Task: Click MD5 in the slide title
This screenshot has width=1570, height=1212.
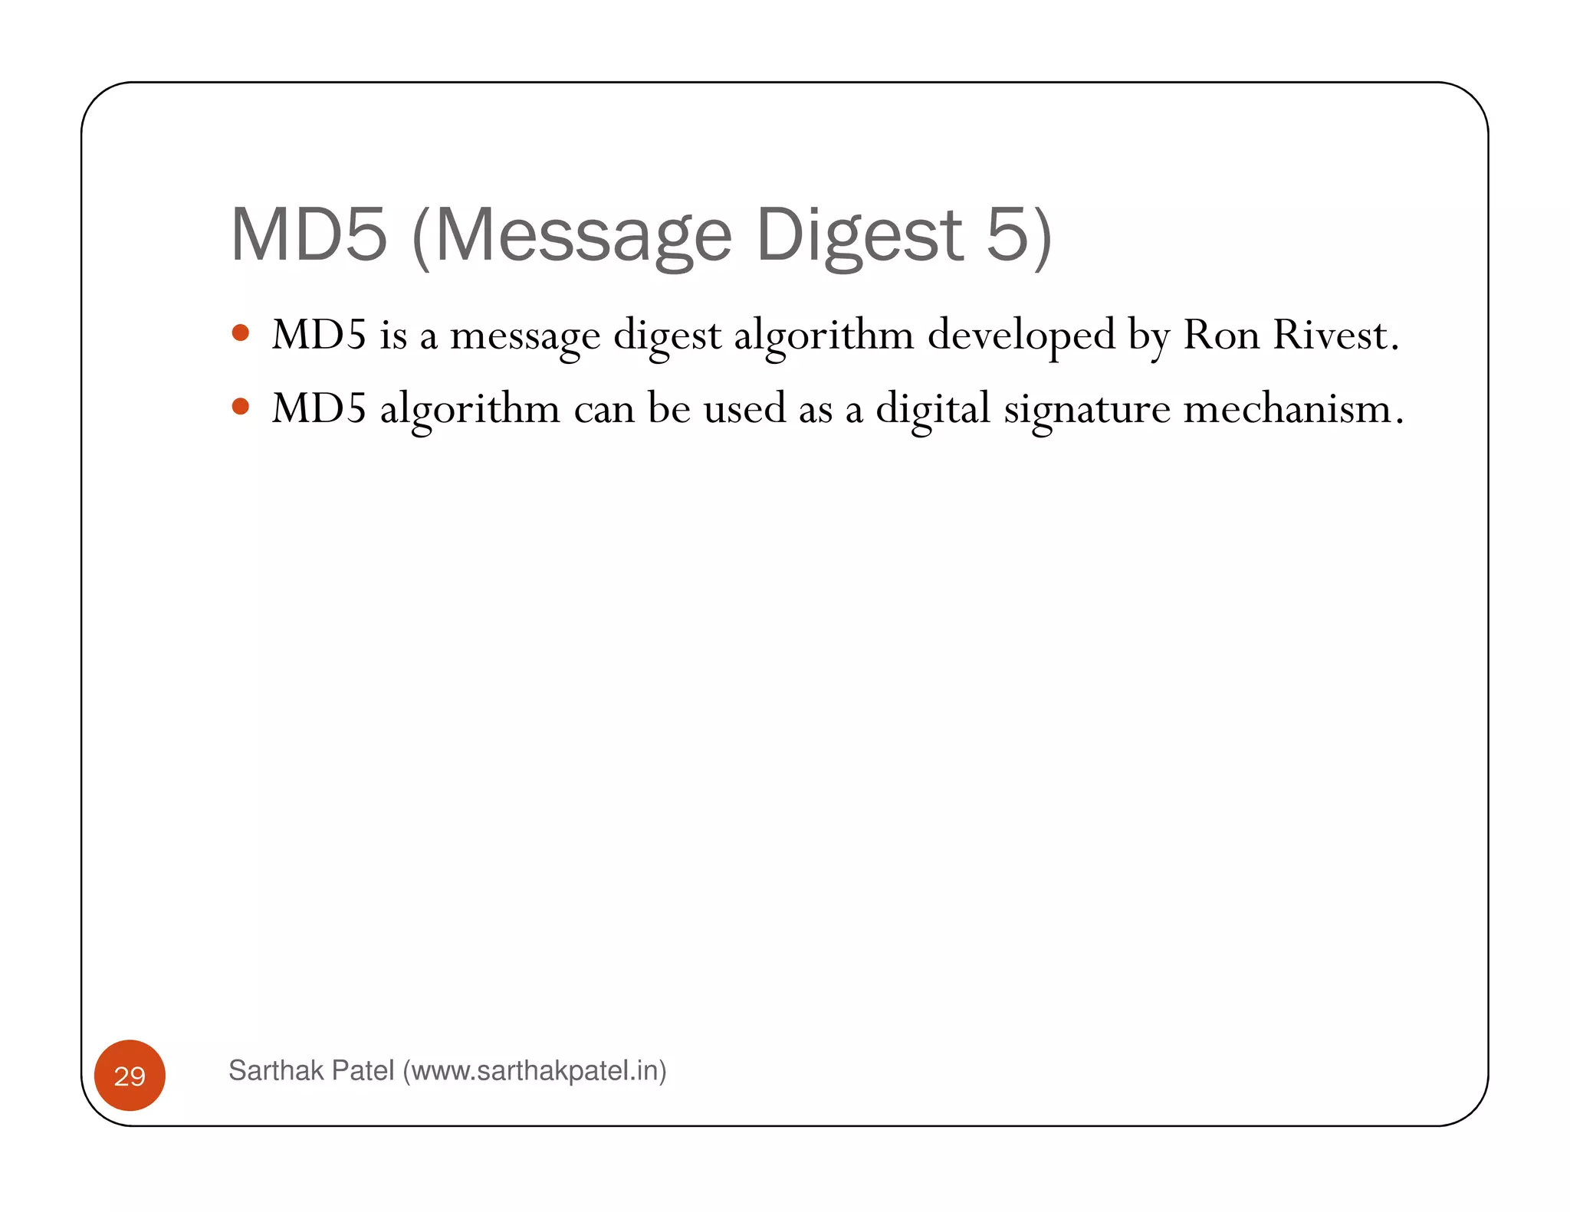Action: coord(309,235)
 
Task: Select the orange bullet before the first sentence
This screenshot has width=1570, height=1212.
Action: coord(241,332)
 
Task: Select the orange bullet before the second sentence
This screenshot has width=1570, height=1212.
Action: coord(241,406)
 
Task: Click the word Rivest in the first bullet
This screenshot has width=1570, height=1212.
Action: coord(1335,335)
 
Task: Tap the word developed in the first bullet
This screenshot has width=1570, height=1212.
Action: coord(1021,336)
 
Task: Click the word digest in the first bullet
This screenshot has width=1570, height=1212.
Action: coord(667,336)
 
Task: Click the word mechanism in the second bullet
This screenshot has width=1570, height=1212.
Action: coord(1292,408)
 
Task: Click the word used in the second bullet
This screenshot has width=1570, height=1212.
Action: coord(744,408)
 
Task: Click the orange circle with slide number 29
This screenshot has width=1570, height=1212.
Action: coord(130,1076)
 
